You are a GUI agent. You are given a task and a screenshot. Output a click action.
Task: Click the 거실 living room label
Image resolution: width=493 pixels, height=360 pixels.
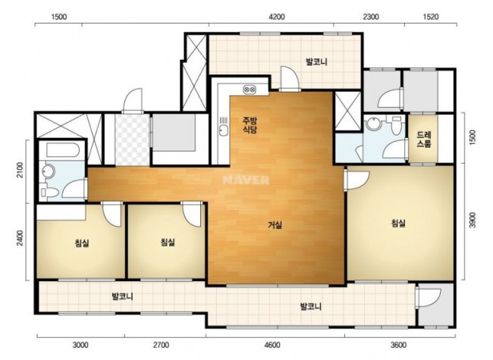tap(275, 225)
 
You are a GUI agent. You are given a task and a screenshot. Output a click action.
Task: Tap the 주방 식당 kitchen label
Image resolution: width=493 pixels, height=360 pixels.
tap(250, 125)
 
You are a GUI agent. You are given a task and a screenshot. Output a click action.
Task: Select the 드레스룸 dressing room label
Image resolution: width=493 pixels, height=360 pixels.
tap(424, 139)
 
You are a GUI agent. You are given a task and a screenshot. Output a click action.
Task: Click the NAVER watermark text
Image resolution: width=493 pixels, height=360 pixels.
tap(246, 180)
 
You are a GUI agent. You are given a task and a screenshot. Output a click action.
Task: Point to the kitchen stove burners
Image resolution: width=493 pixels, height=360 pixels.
tap(250, 90)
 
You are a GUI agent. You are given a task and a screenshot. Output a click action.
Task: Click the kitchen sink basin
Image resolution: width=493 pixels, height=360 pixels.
tap(223, 130)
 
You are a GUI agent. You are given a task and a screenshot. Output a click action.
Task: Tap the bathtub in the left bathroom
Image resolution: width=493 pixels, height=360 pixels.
tap(62, 150)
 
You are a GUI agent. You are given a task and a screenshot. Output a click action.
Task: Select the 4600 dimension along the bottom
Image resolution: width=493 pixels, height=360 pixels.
tap(272, 346)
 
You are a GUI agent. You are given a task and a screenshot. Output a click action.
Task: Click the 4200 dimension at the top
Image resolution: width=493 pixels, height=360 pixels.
tap(277, 17)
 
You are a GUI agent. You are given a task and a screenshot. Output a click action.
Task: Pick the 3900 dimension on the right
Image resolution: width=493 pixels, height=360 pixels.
tap(473, 220)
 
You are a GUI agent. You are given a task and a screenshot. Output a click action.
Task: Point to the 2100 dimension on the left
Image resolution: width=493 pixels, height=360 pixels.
tap(20, 170)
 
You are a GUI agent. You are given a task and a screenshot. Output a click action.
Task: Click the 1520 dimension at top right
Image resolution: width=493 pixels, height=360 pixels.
tap(431, 17)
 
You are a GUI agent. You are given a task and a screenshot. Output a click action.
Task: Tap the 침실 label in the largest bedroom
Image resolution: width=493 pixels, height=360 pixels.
tap(398, 224)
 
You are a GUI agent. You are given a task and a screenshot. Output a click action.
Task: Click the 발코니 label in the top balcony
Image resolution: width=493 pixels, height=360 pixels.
tap(316, 62)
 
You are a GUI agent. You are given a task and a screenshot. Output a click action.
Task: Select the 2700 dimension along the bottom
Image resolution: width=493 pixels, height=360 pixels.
tap(161, 346)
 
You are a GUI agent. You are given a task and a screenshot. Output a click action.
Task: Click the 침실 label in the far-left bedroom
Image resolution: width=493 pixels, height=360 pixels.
tap(82, 243)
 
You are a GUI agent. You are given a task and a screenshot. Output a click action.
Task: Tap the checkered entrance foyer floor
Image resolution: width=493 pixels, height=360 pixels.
tap(132, 139)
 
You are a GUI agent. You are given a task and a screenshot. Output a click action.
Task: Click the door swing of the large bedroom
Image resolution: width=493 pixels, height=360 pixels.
tap(357, 180)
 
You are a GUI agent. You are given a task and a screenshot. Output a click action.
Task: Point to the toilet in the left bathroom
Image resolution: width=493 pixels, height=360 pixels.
tap(49, 193)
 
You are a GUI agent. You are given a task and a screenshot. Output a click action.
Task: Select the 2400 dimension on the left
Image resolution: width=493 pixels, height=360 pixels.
tap(20, 239)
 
